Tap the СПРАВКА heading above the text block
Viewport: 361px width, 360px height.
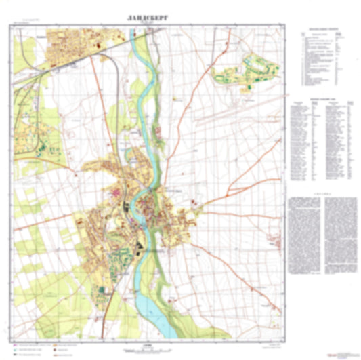click(323, 192)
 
